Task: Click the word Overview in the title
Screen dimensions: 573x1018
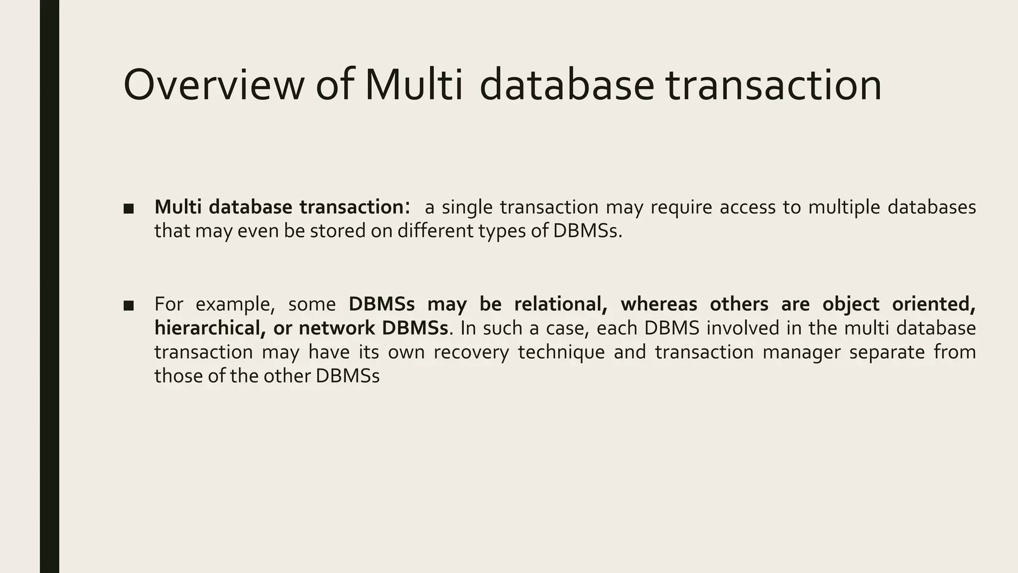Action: point(213,86)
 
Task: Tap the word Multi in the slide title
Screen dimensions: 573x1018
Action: point(414,86)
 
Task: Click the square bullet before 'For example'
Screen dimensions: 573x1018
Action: point(129,305)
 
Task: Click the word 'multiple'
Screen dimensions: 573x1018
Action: point(843,207)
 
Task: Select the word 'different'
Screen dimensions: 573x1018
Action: point(435,231)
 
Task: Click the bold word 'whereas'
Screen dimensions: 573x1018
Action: point(659,304)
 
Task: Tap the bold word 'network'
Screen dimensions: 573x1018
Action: point(337,328)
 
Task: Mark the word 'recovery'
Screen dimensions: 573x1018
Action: point(471,352)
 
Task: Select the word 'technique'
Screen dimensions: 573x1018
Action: point(561,352)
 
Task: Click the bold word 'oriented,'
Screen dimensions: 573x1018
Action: point(934,304)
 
